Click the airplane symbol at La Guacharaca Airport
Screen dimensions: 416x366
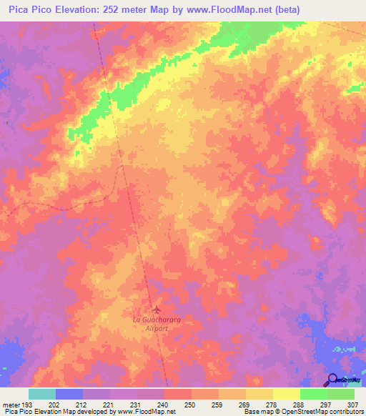click(157, 309)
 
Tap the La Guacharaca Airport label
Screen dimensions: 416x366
click(157, 325)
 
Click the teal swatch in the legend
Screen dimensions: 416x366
click(42, 394)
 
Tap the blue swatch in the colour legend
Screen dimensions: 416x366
click(69, 394)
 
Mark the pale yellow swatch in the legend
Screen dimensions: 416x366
click(287, 394)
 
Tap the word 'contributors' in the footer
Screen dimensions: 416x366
click(345, 412)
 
